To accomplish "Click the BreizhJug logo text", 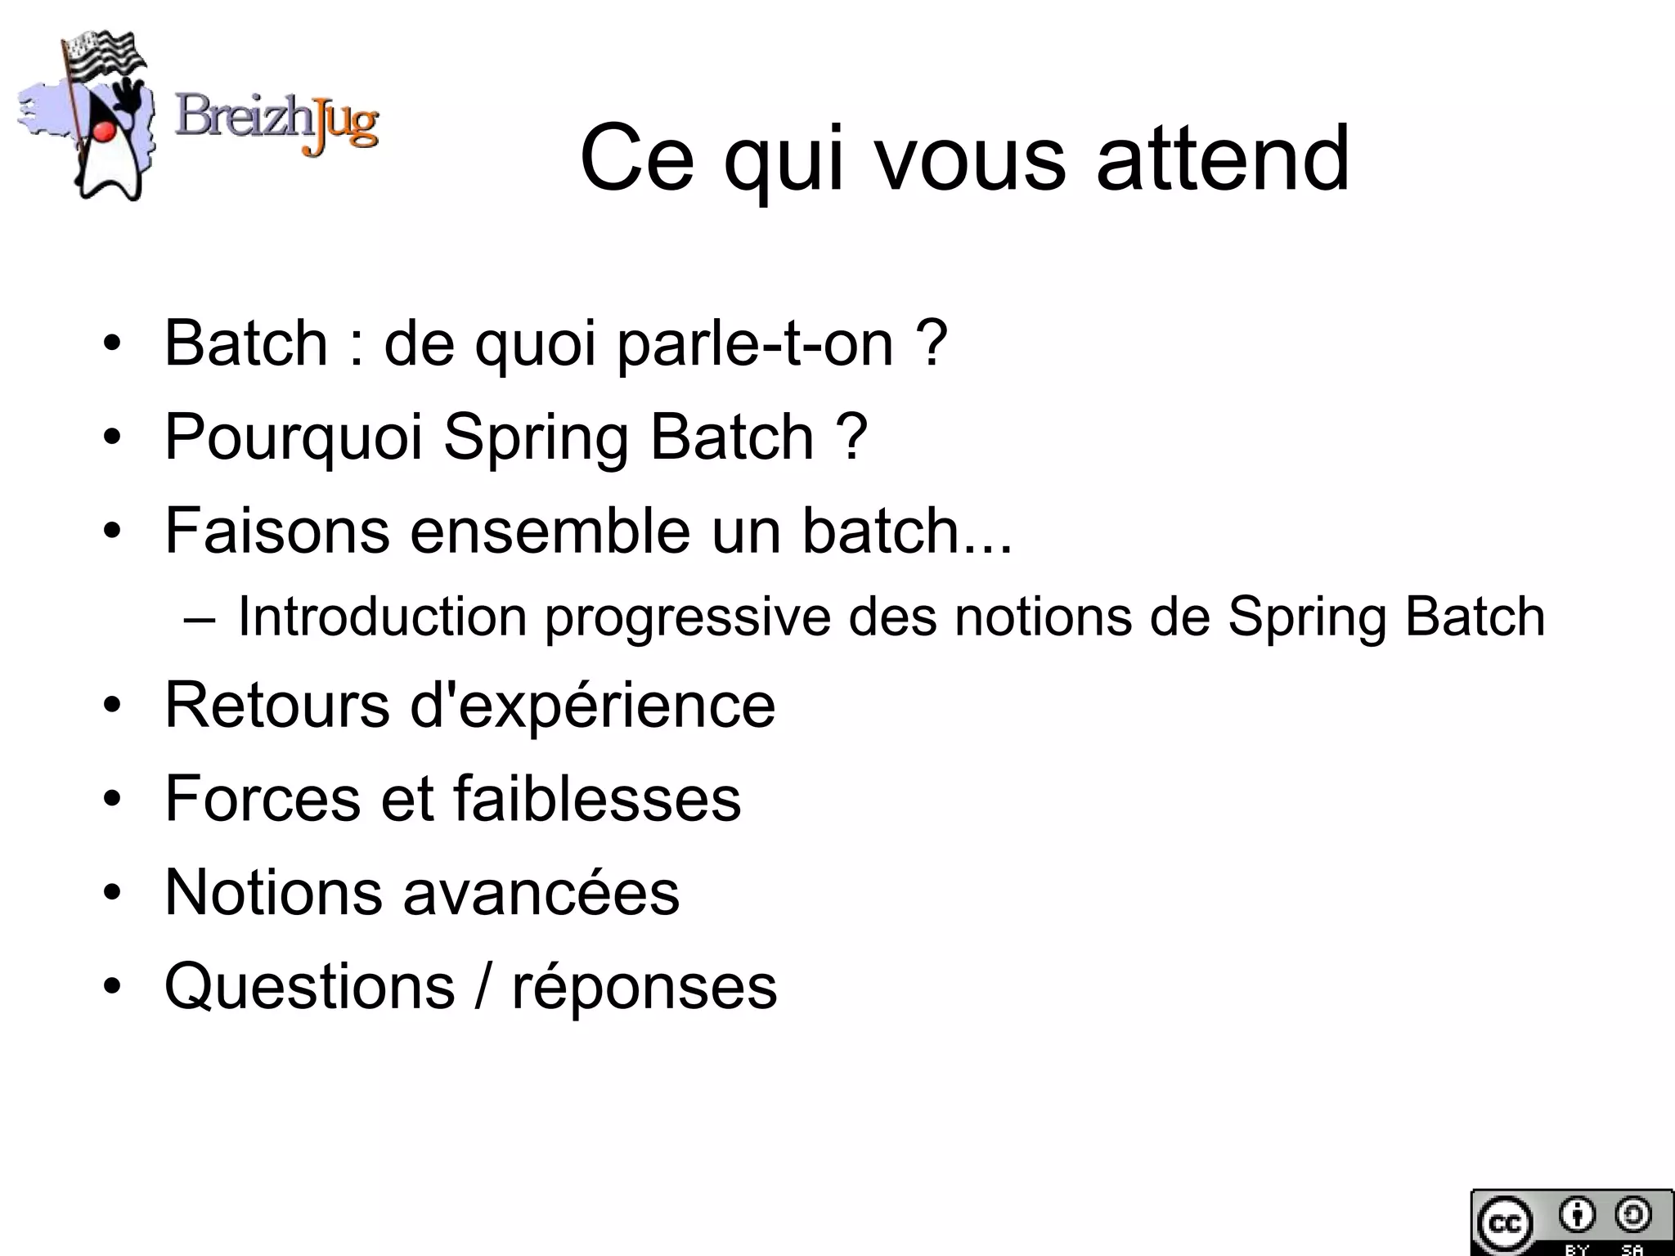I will [276, 124].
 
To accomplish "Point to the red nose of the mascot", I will [103, 131].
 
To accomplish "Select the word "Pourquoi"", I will [294, 437].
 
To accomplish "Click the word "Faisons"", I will [277, 531].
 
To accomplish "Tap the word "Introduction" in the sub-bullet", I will [382, 617].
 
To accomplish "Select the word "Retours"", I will [277, 705].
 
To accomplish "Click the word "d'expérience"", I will [592, 705].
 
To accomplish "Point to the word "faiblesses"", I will [597, 799].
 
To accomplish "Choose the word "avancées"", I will [541, 892].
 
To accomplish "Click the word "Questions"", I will [309, 986].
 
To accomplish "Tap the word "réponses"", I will [644, 986].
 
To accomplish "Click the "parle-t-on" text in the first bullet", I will [756, 343].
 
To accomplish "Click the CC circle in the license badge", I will [1503, 1223].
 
